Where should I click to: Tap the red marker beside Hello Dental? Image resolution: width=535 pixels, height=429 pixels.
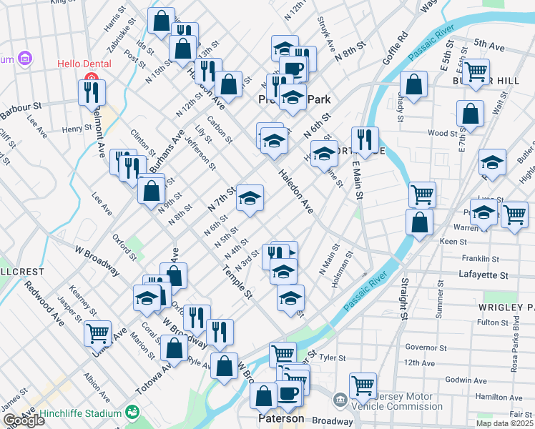[x=92, y=79]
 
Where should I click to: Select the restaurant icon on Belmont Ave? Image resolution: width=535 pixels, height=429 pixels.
[x=92, y=92]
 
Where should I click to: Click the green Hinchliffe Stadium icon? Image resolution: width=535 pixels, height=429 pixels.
[x=132, y=412]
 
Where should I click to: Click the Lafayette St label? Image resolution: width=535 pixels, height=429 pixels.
[x=484, y=275]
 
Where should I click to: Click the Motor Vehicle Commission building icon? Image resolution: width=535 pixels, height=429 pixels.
[x=340, y=399]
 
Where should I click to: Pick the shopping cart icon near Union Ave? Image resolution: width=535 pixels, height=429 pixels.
[x=97, y=332]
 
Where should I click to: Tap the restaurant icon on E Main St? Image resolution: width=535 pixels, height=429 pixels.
[x=365, y=140]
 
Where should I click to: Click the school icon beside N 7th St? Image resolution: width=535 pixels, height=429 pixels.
[x=250, y=198]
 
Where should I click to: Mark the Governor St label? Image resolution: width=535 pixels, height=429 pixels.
[x=425, y=347]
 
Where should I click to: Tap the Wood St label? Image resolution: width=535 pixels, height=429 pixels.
[x=442, y=134]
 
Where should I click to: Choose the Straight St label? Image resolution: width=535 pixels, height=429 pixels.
[x=404, y=299]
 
